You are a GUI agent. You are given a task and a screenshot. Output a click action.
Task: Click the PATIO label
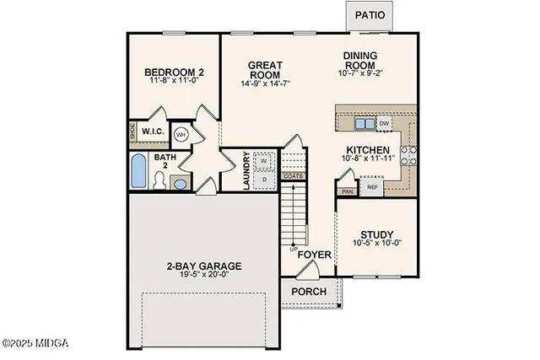pyautogui.click(x=371, y=15)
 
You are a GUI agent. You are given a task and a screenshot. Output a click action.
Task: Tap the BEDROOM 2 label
pyautogui.click(x=174, y=73)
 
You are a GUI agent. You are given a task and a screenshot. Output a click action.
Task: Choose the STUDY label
pyautogui.click(x=377, y=235)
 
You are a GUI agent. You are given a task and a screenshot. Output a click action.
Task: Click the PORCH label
pyautogui.click(x=308, y=292)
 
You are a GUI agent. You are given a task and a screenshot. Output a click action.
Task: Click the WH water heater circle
pyautogui.click(x=181, y=134)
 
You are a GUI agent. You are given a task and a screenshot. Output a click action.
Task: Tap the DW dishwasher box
pyautogui.click(x=385, y=123)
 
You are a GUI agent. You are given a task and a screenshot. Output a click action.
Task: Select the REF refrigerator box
pyautogui.click(x=371, y=187)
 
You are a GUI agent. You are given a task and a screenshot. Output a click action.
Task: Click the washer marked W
pyautogui.click(x=263, y=160)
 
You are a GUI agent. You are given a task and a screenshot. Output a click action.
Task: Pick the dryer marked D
pyautogui.click(x=263, y=179)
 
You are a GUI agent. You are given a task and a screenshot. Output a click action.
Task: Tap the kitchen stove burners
pyautogui.click(x=407, y=154)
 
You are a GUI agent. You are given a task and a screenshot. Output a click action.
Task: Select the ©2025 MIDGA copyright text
pyautogui.click(x=35, y=343)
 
